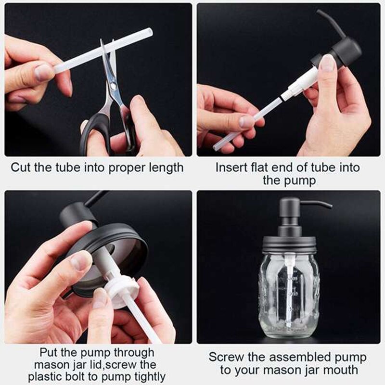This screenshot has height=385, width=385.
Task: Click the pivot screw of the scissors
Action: pyautogui.click(x=113, y=86)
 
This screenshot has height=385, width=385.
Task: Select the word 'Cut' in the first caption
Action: pyautogui.click(x=22, y=167)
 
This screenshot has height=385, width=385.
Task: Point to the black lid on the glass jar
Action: pyautogui.click(x=289, y=245)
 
